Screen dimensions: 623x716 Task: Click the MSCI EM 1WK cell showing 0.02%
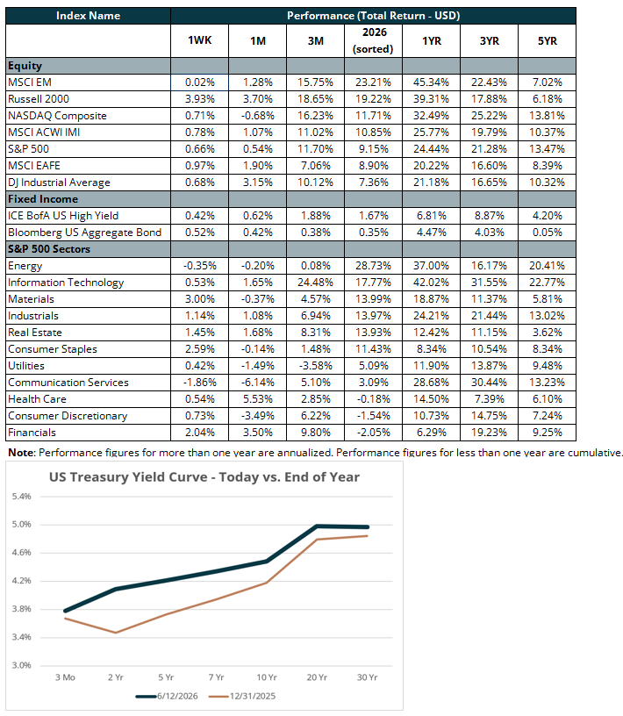tap(199, 82)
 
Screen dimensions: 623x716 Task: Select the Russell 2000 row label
tap(39, 99)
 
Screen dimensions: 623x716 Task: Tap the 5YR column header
tap(548, 41)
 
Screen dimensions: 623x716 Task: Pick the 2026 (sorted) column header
tap(373, 40)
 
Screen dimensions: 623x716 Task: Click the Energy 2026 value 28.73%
tap(373, 266)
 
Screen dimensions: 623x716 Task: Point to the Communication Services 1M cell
tap(258, 383)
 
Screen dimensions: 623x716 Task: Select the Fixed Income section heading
tap(43, 199)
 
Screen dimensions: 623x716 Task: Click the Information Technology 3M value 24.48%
tap(315, 283)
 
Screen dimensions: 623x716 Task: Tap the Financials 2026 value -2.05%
tap(373, 433)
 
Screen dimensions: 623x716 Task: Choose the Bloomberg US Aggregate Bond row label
tap(84, 233)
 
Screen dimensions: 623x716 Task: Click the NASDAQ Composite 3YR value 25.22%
tap(489, 116)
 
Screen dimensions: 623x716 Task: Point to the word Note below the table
tap(21, 453)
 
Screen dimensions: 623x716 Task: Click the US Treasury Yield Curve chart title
tap(204, 477)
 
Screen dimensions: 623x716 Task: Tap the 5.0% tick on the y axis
tap(21, 524)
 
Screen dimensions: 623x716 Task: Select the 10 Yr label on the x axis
tap(266, 677)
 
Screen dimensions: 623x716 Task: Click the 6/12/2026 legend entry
tap(168, 697)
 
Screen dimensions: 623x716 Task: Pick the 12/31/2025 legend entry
tap(242, 697)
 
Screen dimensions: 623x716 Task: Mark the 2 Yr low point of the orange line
tap(116, 633)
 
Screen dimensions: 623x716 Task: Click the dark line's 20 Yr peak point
tap(317, 526)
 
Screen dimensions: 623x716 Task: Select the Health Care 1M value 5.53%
tap(258, 399)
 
